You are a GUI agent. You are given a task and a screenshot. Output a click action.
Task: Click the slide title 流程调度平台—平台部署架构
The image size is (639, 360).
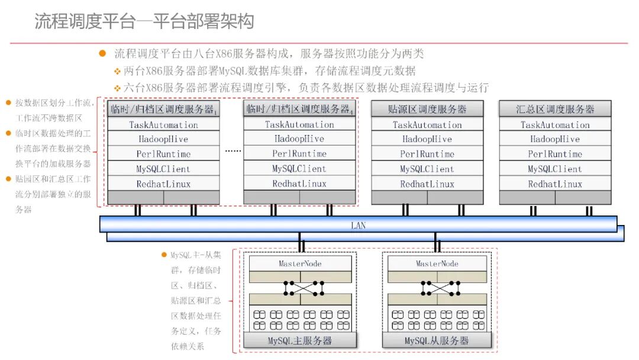(144, 21)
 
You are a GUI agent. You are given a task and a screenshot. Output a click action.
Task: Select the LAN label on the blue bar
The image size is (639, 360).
(358, 226)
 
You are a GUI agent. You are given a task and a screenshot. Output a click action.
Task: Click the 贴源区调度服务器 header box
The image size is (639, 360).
(427, 109)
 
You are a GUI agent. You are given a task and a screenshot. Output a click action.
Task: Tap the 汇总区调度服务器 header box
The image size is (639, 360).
(555, 109)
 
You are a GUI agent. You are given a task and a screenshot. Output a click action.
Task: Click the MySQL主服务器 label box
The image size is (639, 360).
(300, 340)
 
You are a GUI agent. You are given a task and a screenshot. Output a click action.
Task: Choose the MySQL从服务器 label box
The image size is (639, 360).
(437, 340)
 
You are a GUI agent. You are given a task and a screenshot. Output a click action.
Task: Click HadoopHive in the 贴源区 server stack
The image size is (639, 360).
(427, 139)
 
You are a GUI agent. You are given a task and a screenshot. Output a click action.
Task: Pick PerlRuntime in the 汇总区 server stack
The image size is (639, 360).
(555, 154)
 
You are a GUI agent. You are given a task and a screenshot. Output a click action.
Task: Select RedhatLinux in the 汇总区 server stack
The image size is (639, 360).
(555, 184)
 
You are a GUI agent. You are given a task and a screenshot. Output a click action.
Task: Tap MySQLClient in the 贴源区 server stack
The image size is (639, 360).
(427, 169)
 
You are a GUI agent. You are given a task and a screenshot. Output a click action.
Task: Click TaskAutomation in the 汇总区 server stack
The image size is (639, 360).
(555, 125)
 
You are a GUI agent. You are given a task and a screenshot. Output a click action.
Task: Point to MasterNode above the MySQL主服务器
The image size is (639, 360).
(300, 263)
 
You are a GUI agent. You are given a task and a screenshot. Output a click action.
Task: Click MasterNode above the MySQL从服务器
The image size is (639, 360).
(437, 263)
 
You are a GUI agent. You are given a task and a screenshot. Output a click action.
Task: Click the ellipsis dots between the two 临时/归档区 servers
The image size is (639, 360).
(233, 151)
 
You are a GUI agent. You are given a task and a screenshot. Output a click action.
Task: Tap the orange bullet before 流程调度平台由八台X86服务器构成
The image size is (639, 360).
(102, 53)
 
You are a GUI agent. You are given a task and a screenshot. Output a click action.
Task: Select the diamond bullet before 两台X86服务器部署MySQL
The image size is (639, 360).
(117, 71)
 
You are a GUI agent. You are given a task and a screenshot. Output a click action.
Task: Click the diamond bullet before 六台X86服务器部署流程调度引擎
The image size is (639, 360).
(117, 88)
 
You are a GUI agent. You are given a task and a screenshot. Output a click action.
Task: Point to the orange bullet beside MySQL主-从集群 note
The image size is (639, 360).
(164, 255)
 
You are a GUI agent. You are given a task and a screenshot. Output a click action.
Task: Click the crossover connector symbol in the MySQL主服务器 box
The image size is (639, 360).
(304, 288)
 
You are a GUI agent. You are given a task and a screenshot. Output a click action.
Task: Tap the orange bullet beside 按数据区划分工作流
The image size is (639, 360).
(8, 103)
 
